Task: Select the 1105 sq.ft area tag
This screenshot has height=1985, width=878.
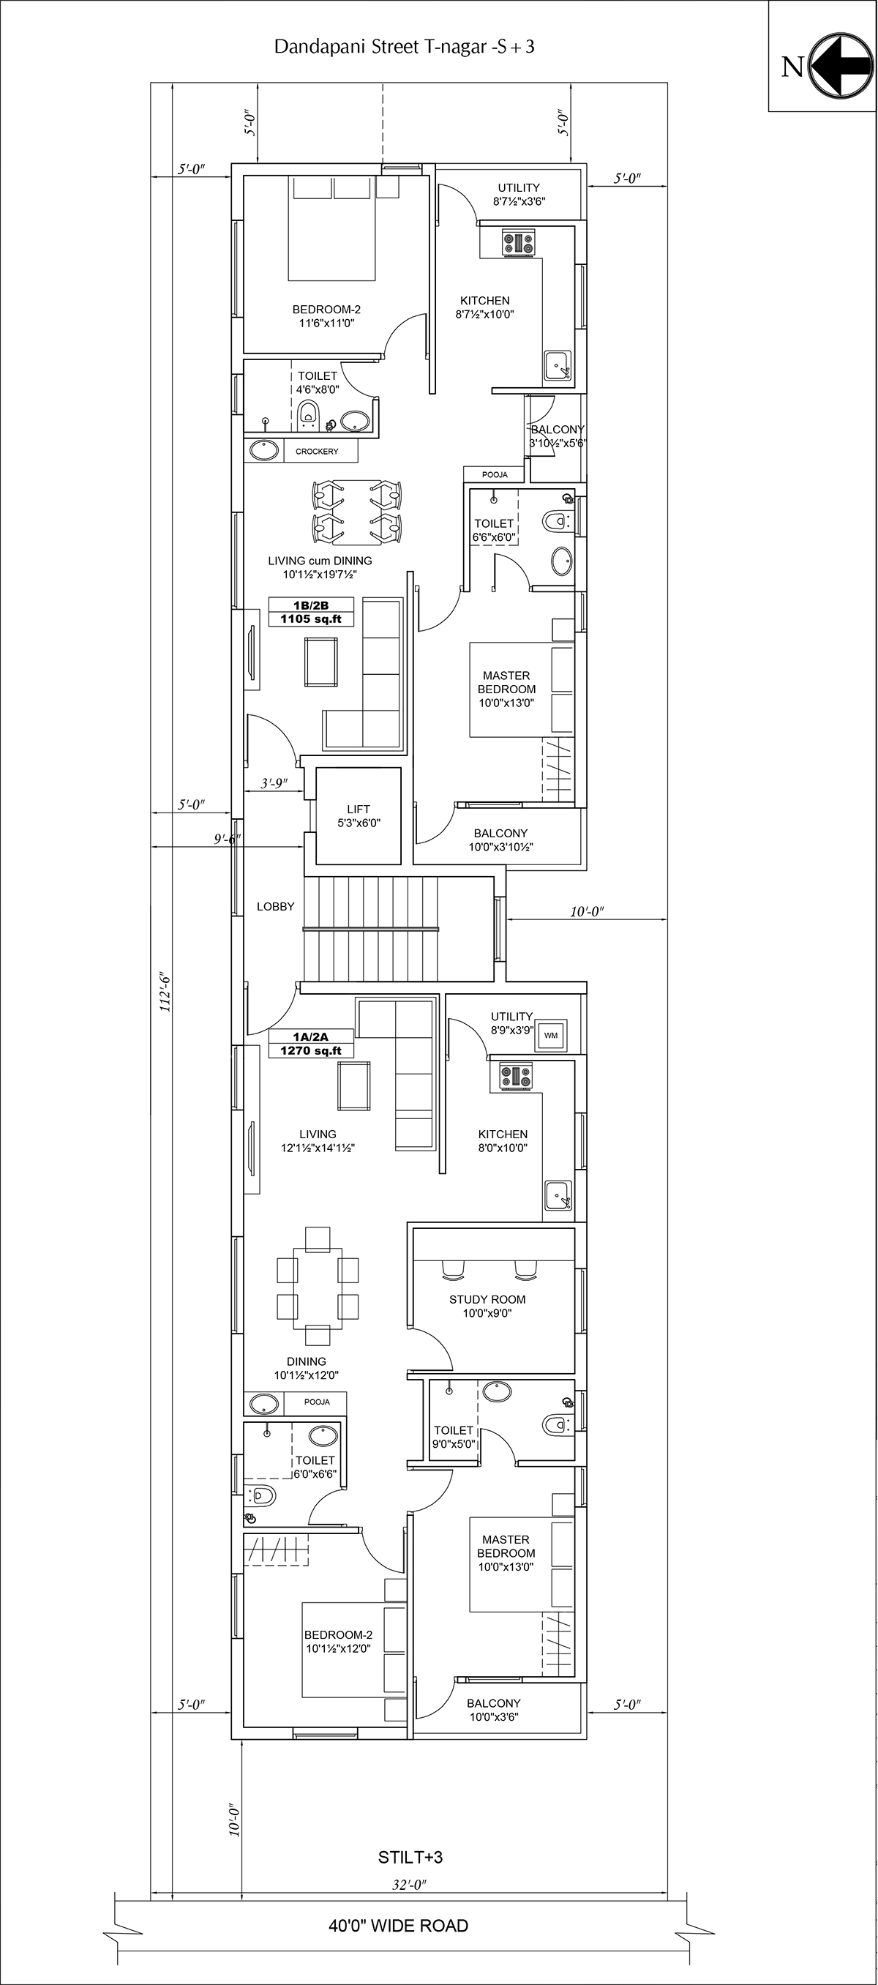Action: point(311,618)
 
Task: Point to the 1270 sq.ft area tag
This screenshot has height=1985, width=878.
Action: point(311,1050)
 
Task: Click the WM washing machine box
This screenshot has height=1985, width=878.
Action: point(551,1035)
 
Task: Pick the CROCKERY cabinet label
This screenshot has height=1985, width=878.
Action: point(317,451)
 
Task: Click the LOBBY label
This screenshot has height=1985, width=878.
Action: point(276,907)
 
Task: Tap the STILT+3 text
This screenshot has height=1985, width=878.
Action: point(410,1858)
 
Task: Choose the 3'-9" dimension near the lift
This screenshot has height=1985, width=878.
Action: point(274,784)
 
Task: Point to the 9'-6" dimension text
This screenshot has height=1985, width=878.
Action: point(228,839)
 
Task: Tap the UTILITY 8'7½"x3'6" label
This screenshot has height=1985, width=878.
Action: point(519,195)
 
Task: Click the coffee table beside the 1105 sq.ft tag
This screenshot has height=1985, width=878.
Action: point(321,662)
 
